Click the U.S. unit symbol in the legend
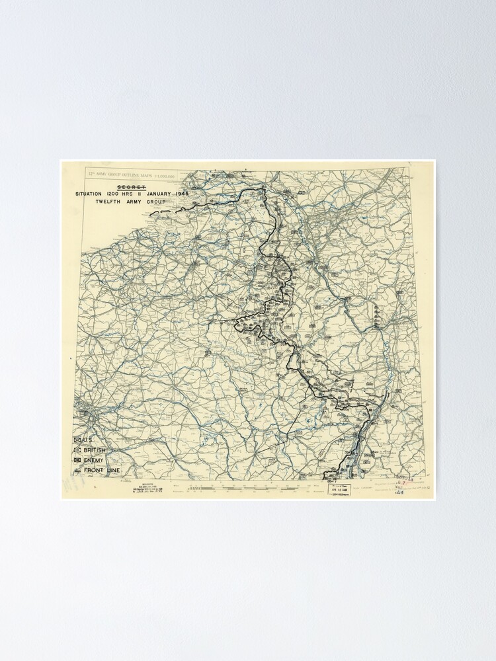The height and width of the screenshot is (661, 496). [x=77, y=440]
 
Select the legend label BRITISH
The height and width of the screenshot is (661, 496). [x=95, y=449]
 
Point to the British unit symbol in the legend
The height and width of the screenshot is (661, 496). [x=77, y=449]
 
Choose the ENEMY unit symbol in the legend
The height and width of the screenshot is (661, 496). [x=77, y=459]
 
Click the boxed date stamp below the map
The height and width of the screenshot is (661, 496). [x=341, y=490]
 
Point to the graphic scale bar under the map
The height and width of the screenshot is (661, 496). [x=231, y=488]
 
